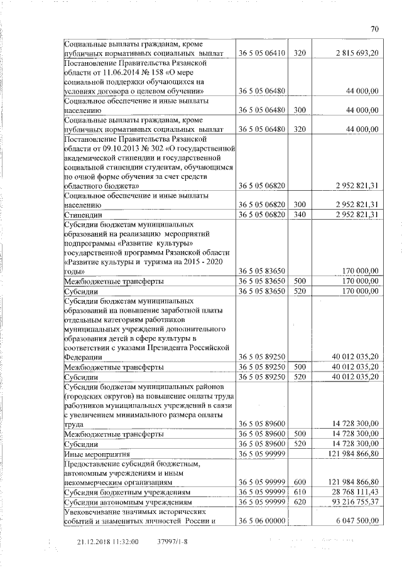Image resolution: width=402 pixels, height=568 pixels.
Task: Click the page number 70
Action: pyautogui.click(x=374, y=29)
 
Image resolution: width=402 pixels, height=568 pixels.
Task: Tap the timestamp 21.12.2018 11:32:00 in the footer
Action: pyautogui.click(x=107, y=541)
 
